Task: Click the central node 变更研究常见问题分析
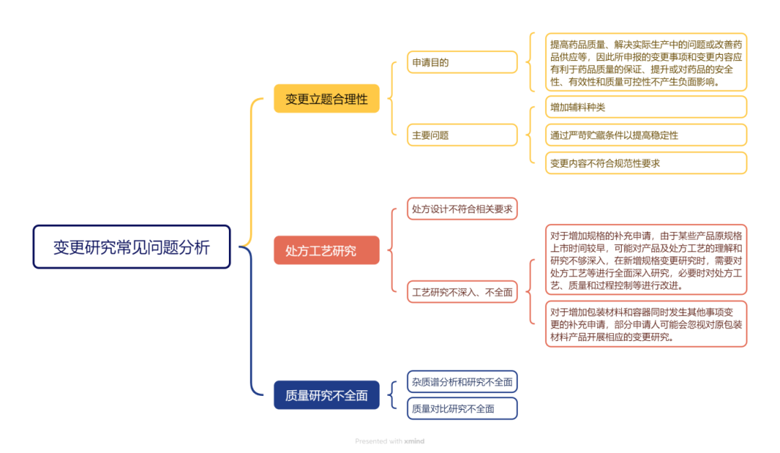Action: point(131,247)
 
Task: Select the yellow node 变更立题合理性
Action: point(326,98)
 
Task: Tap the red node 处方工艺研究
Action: point(326,250)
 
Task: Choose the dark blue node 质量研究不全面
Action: point(326,395)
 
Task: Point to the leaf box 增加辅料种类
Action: point(646,107)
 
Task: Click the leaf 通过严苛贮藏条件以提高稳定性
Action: point(646,134)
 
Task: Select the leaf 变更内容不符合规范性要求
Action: point(646,163)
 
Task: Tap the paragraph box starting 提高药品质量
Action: point(646,62)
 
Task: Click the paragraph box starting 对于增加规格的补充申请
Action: point(646,260)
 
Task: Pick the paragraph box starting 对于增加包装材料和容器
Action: point(646,324)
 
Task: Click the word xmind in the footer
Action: point(414,441)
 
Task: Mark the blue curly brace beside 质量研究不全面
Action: point(392,395)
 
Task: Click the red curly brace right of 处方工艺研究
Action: point(391,250)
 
